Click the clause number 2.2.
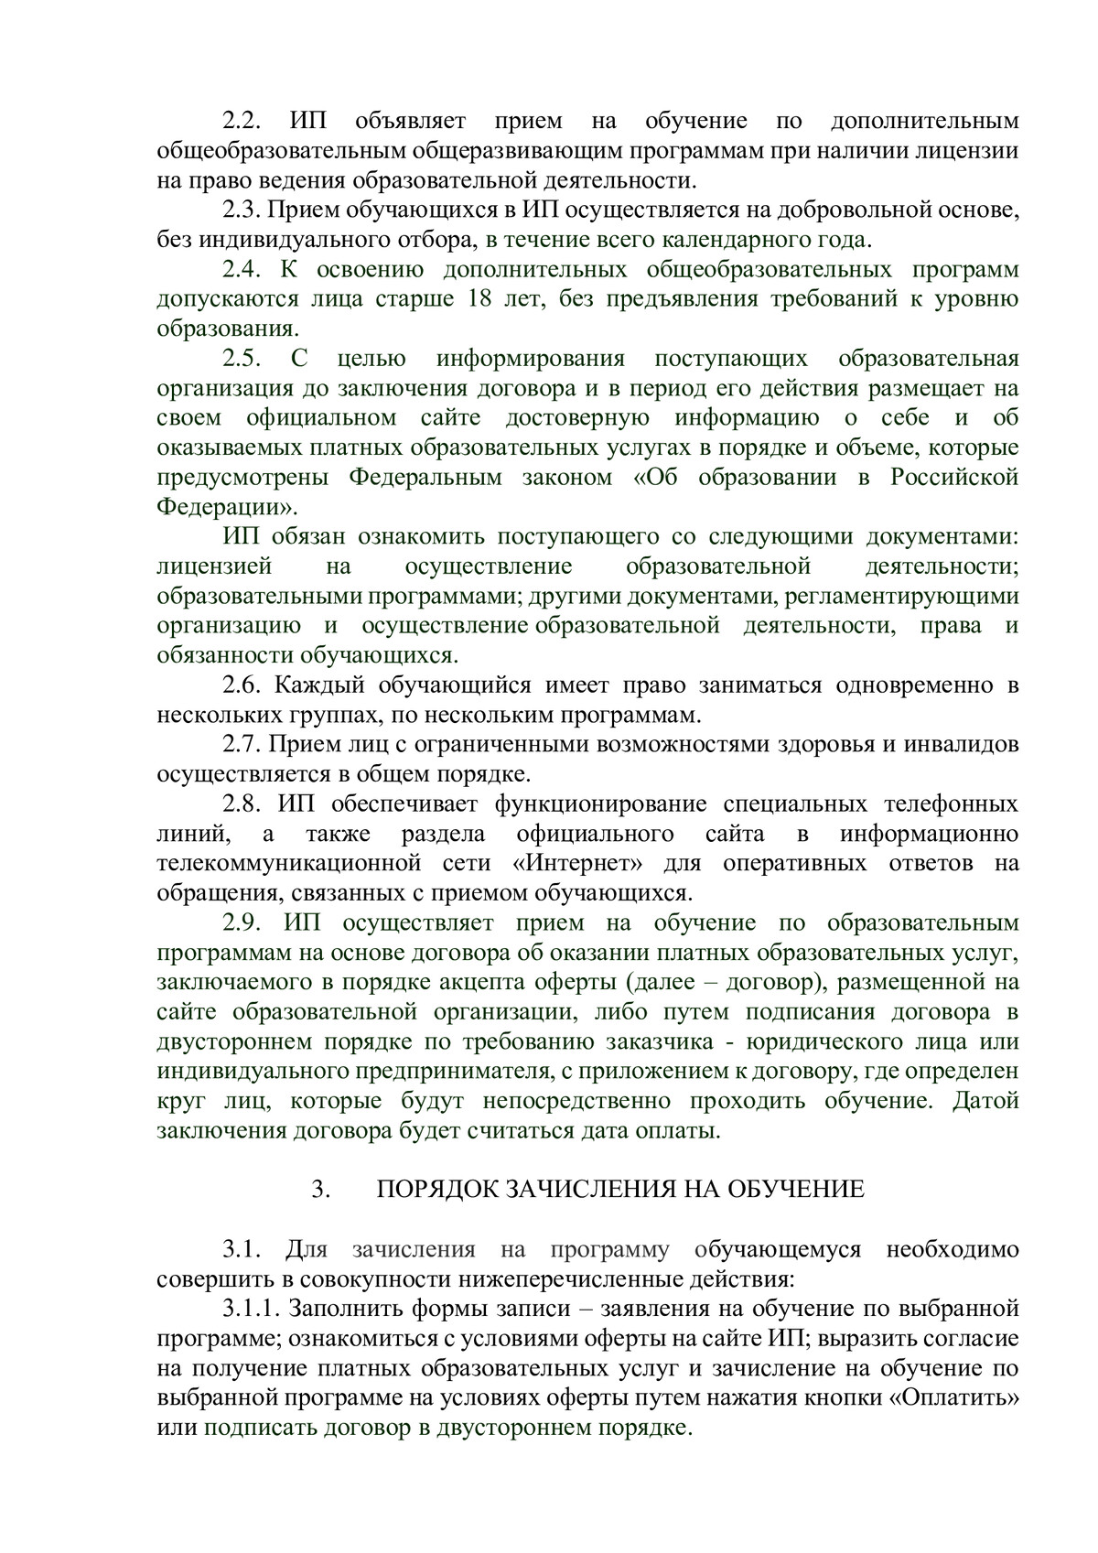click(242, 120)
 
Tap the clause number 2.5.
click(242, 358)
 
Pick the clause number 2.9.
click(242, 922)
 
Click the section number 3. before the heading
click(319, 1189)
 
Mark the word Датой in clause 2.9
click(985, 1100)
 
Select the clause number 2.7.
click(242, 744)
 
